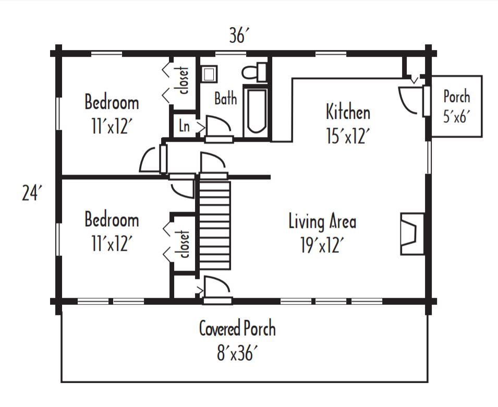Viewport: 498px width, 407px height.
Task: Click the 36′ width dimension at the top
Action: pos(239,36)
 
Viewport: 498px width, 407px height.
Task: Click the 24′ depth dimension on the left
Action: pos(31,193)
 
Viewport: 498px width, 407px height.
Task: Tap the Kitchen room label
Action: pos(348,112)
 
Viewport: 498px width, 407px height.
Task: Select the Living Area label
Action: pos(322,221)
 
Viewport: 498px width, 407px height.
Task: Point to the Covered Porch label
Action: pos(237,329)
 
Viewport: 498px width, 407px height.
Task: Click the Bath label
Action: pos(225,98)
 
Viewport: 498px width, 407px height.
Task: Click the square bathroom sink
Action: pos(210,73)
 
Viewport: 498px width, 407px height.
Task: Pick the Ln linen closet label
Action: pos(184,126)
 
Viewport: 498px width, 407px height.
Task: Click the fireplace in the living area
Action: pos(411,233)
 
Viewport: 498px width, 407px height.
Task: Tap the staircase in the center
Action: pos(214,225)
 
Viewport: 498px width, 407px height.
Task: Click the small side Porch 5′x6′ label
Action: pos(456,106)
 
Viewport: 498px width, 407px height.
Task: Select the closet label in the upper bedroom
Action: pos(183,81)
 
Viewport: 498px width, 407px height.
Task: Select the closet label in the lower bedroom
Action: pos(183,244)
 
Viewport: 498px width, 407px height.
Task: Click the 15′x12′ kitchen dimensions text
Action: pos(348,136)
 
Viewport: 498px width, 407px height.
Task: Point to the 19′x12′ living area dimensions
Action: pos(322,245)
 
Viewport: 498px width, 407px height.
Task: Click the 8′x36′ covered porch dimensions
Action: pos(237,353)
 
